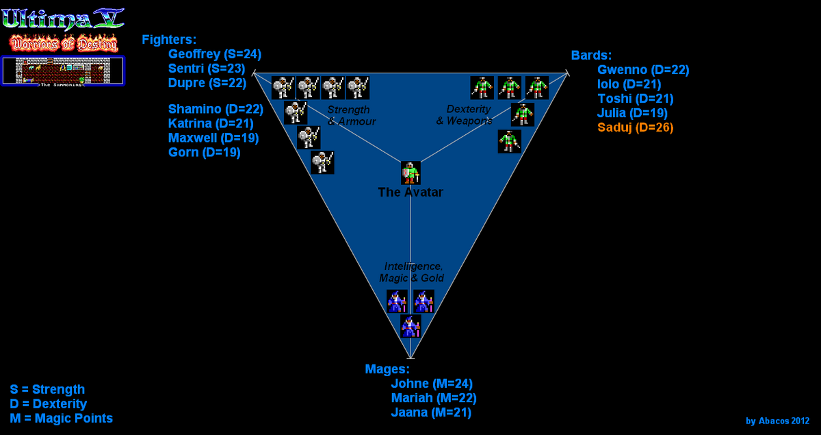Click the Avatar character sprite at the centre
click(x=410, y=173)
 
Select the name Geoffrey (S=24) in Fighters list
click(x=214, y=54)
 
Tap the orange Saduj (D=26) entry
click(x=635, y=127)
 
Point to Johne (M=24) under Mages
click(x=432, y=384)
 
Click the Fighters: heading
click(x=169, y=40)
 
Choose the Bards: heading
click(x=592, y=55)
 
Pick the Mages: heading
click(x=387, y=369)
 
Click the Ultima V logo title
click(x=62, y=18)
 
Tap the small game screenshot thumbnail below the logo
click(x=63, y=71)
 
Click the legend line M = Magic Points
click(x=61, y=419)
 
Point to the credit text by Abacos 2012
click(x=777, y=421)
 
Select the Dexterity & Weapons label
click(x=465, y=115)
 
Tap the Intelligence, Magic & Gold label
click(x=413, y=272)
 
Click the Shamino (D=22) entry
click(x=216, y=109)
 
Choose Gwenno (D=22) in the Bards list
click(x=643, y=70)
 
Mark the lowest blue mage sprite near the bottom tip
click(x=410, y=327)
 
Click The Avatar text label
click(x=410, y=193)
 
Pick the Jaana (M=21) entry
click(x=431, y=412)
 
